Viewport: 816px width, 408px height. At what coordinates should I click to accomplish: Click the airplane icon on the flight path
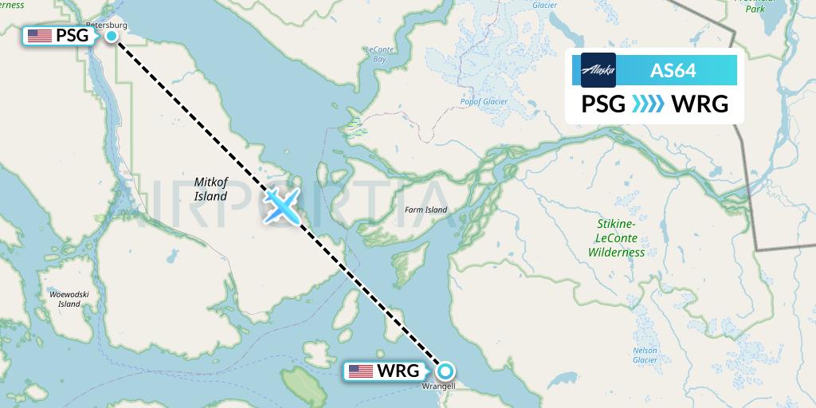[283, 205]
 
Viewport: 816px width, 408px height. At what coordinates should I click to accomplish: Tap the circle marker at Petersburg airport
[112, 35]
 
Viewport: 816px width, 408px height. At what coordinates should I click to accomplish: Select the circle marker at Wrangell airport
[445, 371]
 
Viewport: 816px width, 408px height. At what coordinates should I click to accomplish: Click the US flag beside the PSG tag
[39, 35]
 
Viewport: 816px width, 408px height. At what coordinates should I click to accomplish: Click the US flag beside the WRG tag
[361, 371]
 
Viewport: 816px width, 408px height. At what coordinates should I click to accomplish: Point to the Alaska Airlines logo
[598, 70]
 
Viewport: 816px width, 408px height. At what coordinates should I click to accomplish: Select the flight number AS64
[673, 70]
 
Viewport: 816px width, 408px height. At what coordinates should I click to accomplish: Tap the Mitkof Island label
[210, 189]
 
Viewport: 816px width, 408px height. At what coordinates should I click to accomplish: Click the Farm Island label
[426, 210]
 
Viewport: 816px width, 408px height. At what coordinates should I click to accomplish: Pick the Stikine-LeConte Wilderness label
[616, 238]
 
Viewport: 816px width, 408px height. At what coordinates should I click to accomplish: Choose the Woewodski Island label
[65, 299]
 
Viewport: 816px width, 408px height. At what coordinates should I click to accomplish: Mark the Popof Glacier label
[484, 101]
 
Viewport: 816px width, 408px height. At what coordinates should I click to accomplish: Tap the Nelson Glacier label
[644, 355]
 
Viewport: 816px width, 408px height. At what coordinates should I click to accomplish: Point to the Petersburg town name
[106, 25]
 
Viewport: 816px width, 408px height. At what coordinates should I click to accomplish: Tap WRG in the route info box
[700, 104]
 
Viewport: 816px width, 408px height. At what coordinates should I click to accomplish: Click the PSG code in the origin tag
[72, 35]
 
